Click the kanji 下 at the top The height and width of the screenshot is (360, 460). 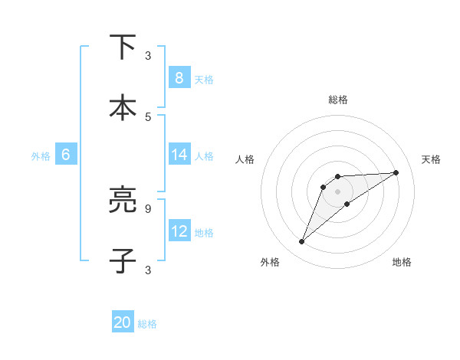[123, 47]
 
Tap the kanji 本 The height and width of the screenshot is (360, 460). [123, 108]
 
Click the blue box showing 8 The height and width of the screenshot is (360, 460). [179, 77]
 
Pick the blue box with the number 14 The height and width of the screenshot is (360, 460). [179, 155]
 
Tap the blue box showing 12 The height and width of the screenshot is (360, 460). [179, 231]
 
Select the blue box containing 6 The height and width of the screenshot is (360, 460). [66, 155]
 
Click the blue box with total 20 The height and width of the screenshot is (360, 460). [123, 322]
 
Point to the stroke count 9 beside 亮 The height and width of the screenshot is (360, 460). [148, 208]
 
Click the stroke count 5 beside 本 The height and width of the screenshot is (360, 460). [148, 116]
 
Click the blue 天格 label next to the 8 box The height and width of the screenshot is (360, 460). [204, 79]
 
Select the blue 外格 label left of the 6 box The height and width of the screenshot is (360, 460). [41, 155]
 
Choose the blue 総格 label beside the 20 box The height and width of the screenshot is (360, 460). [147, 324]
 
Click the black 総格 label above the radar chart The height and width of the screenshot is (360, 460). [337, 100]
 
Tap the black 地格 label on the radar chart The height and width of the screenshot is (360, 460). [402, 262]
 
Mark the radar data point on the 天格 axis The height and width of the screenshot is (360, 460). [396, 172]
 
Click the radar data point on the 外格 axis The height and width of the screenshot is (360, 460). [302, 242]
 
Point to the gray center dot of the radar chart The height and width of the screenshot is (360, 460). [337, 191]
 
